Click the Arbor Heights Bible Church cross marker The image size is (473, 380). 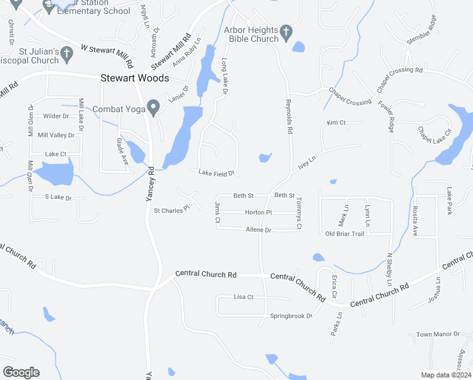tap(286, 30)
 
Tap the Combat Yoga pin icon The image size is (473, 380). tap(152, 108)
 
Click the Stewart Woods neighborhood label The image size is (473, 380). tap(135, 78)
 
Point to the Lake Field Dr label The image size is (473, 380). tap(216, 172)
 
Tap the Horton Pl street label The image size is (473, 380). tap(258, 212)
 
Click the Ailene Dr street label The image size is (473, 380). tap(258, 230)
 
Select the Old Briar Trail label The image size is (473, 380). tap(345, 234)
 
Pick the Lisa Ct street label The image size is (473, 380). tap(243, 296)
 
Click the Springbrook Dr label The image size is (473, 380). tap(292, 315)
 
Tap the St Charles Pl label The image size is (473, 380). tap(172, 210)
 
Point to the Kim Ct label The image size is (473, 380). tap(336, 122)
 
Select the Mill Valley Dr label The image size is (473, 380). tap(56, 135)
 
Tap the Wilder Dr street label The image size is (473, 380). tap(56, 116)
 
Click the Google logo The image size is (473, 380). tap(21, 372)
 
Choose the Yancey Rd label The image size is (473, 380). tap(150, 185)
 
